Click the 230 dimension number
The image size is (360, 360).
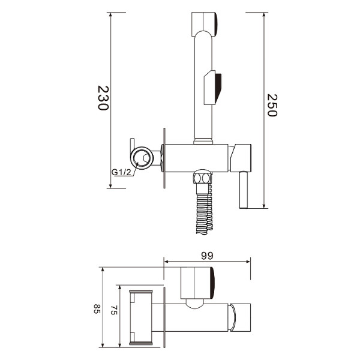pyautogui.click(x=103, y=98)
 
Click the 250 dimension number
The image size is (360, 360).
pyautogui.click(x=272, y=106)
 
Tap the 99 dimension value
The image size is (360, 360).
pyautogui.click(x=207, y=256)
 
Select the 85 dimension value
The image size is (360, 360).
pyautogui.click(x=97, y=309)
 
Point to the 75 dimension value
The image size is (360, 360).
pyautogui.click(x=114, y=310)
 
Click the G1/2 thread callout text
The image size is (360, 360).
pyautogui.click(x=121, y=172)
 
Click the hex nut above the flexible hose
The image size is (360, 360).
pyautogui.click(x=202, y=178)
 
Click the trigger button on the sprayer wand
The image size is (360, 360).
pyautogui.click(x=213, y=88)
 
